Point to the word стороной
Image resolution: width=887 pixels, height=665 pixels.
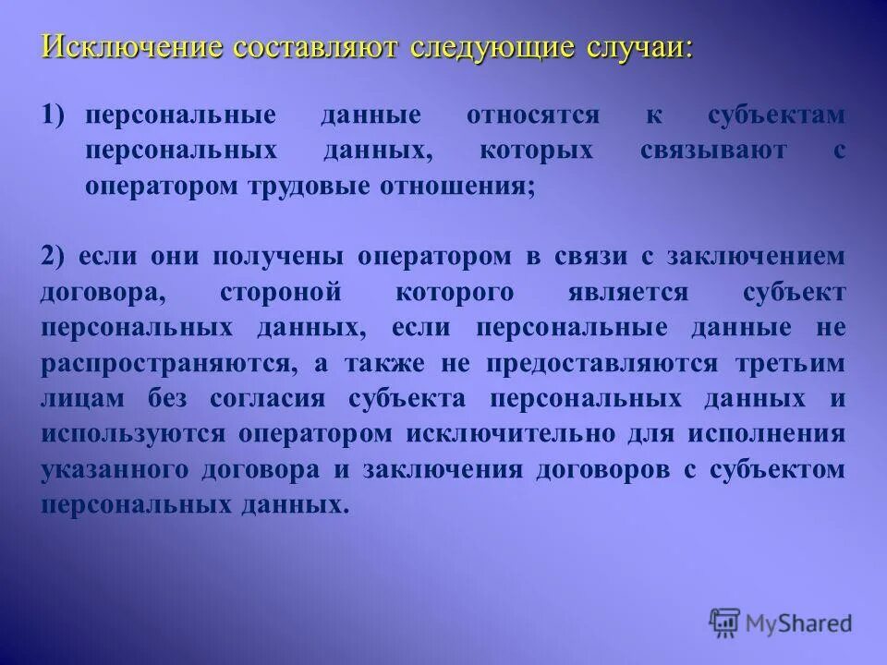[280, 292]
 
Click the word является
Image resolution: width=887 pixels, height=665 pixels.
[628, 292]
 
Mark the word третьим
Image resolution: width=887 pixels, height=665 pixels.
[793, 363]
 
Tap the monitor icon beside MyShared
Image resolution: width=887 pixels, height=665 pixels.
[725, 621]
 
